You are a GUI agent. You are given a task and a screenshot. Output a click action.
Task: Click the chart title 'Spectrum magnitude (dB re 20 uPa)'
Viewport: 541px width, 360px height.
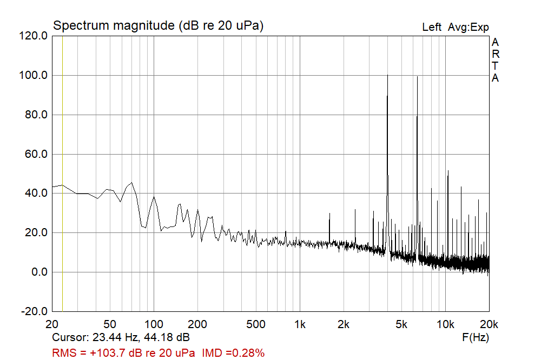coord(158,25)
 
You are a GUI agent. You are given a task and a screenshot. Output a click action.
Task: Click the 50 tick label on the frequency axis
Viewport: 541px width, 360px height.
coord(110,324)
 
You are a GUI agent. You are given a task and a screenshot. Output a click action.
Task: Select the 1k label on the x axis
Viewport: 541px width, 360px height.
coord(300,324)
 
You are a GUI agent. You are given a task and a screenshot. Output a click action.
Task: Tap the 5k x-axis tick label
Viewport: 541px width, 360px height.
coord(401,324)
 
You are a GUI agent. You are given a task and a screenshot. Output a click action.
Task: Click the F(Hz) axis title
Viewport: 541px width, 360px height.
coord(476,338)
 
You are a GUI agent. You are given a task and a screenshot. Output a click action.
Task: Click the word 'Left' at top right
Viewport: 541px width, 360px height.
coord(432,27)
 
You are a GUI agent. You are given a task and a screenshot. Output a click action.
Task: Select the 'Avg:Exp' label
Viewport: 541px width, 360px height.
coord(468,27)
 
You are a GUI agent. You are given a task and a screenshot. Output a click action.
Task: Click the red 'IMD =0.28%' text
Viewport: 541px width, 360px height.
coord(233,353)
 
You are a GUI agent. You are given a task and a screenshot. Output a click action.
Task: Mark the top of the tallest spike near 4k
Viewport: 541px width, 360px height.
coord(387,75)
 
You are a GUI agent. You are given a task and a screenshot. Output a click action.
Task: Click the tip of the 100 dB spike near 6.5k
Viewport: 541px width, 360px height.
coord(417,77)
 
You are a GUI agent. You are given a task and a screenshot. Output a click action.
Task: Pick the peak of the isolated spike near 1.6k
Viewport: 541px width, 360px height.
coord(329,213)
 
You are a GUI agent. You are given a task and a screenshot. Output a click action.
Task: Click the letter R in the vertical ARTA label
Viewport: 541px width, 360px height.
coord(495,54)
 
